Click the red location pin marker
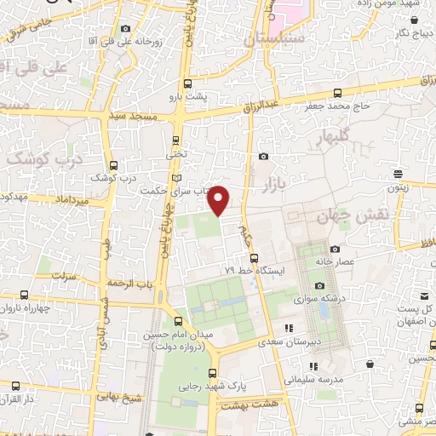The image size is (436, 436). [219, 200]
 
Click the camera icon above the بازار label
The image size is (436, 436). [263, 156]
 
